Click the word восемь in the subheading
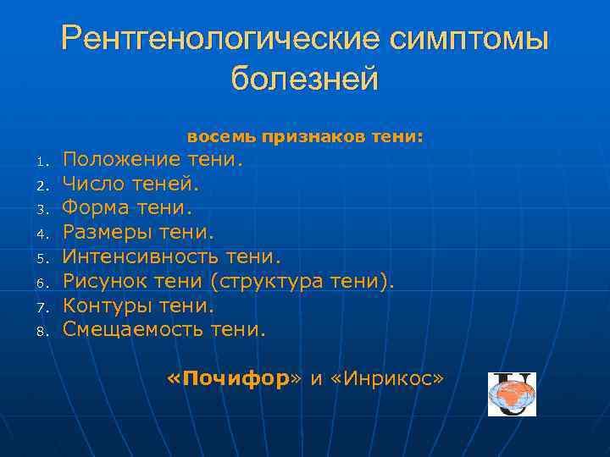tap(221, 136)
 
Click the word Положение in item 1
tap(122, 159)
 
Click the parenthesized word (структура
tap(274, 280)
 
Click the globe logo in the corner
tap(512, 394)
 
